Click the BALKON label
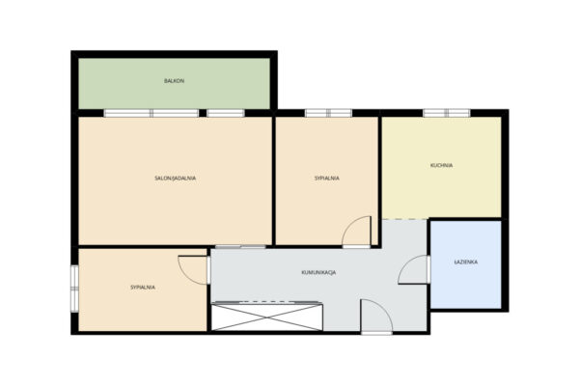(175, 81)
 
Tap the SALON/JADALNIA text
(175, 178)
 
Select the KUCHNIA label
(442, 165)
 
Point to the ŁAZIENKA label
(466, 262)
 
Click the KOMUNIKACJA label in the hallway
(318, 272)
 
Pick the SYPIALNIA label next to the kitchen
(327, 178)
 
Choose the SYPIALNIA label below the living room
(143, 287)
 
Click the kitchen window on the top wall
(447, 113)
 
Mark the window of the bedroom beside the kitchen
(328, 113)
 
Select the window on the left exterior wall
(74, 289)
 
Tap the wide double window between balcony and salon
(152, 113)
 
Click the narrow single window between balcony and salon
(225, 113)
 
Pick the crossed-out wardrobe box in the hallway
(267, 317)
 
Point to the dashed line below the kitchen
(404, 219)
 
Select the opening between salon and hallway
(240, 246)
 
